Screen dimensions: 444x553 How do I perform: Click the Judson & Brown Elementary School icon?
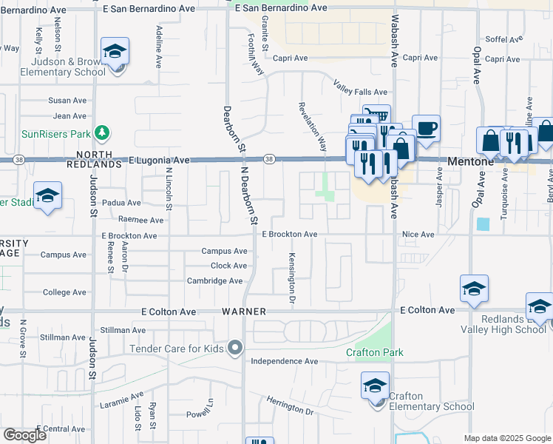coord(115,52)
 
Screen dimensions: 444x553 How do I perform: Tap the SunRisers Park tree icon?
coord(103,134)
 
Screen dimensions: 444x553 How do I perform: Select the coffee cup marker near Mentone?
coord(425,128)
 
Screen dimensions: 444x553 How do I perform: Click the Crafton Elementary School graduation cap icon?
coord(375,386)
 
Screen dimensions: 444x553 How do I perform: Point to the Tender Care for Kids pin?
coord(235,348)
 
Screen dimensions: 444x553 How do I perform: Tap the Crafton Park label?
coord(375,352)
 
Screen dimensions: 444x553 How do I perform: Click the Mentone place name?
coord(469,161)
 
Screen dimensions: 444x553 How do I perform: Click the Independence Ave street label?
coord(284,361)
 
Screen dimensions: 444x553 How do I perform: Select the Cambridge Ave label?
coord(214,281)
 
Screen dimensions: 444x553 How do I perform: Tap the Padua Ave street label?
coord(122,202)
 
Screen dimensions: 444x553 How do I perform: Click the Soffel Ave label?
coord(503,39)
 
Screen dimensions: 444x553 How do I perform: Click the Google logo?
coord(24,435)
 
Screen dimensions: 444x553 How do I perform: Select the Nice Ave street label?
coord(418,235)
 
